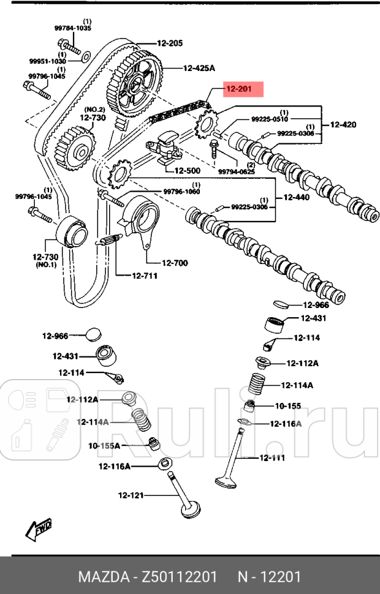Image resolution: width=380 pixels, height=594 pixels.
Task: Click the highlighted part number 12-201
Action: tap(239, 90)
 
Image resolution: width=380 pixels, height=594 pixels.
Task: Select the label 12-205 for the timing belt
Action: tap(169, 43)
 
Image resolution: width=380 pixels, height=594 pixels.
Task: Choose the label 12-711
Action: tap(145, 276)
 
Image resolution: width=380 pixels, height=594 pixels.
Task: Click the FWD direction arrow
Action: tap(39, 528)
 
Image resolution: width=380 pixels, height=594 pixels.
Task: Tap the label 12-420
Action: tap(343, 125)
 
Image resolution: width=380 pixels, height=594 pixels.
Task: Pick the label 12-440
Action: tap(296, 198)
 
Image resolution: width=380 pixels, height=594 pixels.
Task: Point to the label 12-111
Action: tap(272, 457)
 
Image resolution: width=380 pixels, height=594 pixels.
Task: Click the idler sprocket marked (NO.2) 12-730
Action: tap(74, 147)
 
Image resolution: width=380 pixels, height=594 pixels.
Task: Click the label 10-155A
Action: tap(104, 445)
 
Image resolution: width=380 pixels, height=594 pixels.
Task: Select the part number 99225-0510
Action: tap(270, 119)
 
